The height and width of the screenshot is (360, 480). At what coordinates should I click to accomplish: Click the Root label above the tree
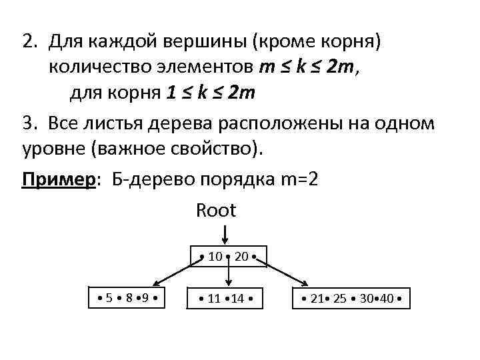point(215,211)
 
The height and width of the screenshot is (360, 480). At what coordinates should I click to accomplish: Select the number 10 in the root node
point(215,256)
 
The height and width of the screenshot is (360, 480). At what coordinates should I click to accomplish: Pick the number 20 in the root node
point(241,256)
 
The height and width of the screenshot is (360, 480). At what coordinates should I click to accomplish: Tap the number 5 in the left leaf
point(109,297)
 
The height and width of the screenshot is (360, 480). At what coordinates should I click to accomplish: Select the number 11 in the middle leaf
point(214,298)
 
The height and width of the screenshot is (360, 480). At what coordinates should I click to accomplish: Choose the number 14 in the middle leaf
point(238,298)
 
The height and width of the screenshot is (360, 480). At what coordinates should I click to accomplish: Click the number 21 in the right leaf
point(317,298)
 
